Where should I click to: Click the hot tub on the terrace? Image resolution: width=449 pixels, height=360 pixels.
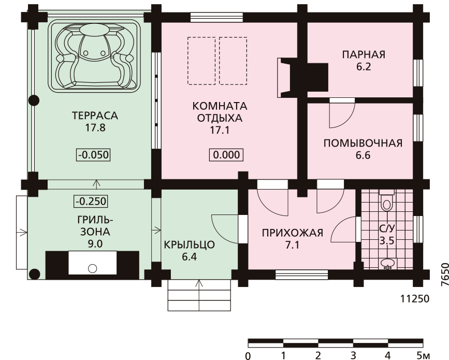(94, 56)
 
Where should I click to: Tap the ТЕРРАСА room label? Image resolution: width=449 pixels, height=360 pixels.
(95, 116)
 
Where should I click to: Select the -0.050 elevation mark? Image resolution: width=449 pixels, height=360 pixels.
(93, 155)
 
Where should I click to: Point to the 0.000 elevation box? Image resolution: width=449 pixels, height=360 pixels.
(226, 155)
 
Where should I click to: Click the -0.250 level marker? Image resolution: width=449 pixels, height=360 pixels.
(91, 201)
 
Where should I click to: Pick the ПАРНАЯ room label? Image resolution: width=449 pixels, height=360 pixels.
(364, 54)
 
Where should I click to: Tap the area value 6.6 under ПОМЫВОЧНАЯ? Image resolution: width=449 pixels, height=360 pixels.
(363, 155)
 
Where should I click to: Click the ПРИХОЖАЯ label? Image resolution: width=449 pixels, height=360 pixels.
(293, 233)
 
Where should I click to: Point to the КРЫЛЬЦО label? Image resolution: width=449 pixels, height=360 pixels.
(189, 245)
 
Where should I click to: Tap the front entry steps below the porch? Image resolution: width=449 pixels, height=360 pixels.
(199, 295)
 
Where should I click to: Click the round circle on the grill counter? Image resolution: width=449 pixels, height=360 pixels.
(92, 269)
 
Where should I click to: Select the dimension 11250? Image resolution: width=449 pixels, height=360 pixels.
(415, 299)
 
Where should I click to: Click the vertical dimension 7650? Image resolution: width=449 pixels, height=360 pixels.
(445, 274)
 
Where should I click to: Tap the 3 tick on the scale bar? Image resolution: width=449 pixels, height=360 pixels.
(353, 355)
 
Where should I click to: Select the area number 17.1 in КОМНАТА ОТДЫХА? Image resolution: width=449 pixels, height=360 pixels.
(220, 131)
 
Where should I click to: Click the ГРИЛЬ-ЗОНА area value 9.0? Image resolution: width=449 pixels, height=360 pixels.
(95, 244)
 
